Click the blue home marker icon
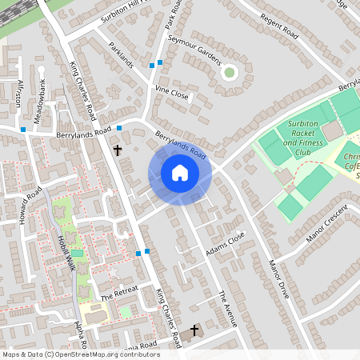tap(179, 173)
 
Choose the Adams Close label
tap(223, 242)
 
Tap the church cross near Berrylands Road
tap(118, 150)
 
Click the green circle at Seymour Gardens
tap(230, 73)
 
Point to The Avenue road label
tap(228, 308)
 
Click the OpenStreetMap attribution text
tap(80, 354)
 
